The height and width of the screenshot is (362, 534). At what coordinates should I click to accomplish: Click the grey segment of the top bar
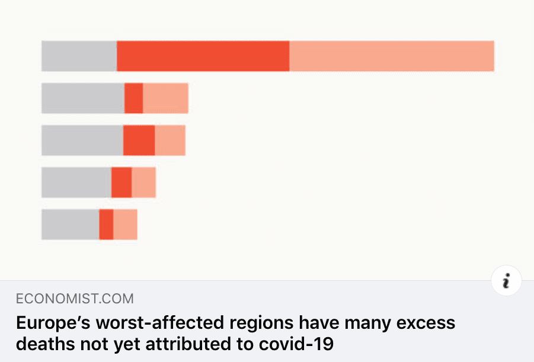[79, 56]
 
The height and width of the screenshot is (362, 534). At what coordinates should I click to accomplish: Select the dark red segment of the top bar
[203, 56]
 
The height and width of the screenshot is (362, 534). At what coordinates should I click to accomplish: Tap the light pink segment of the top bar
[392, 56]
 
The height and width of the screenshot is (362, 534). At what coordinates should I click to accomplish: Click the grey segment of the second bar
[83, 98]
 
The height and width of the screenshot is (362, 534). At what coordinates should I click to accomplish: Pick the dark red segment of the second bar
[134, 98]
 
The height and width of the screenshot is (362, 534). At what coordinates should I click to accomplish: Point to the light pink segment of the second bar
[166, 98]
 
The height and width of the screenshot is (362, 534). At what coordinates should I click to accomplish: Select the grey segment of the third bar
[82, 140]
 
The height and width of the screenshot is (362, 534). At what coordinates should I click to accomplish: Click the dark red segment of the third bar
[139, 140]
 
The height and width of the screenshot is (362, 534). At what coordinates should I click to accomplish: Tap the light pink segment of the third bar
[170, 140]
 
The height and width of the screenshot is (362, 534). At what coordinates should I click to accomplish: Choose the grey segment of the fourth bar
[76, 182]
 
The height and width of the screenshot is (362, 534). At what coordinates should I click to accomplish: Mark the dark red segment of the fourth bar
[121, 182]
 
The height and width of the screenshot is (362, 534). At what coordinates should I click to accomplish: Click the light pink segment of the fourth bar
[143, 182]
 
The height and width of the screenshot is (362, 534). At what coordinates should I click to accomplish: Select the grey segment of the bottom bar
[70, 225]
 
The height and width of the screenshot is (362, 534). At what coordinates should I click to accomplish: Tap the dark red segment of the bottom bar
[106, 225]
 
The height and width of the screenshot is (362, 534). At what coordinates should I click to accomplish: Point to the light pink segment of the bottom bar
[125, 225]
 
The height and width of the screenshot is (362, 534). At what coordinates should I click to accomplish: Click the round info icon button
[506, 282]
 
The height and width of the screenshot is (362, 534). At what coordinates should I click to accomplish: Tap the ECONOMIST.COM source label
[75, 298]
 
